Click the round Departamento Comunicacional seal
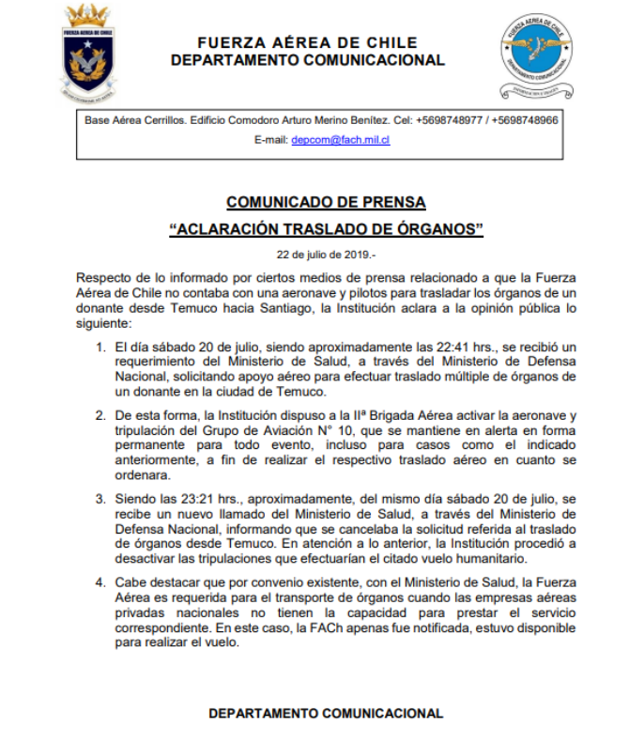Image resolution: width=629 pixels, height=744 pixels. point(536,54)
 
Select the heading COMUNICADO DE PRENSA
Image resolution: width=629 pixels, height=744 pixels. point(326,202)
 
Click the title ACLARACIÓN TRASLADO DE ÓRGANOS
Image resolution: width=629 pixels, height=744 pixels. point(326,228)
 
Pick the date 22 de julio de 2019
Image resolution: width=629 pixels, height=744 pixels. point(324,255)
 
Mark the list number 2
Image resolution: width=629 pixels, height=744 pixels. point(100,413)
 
